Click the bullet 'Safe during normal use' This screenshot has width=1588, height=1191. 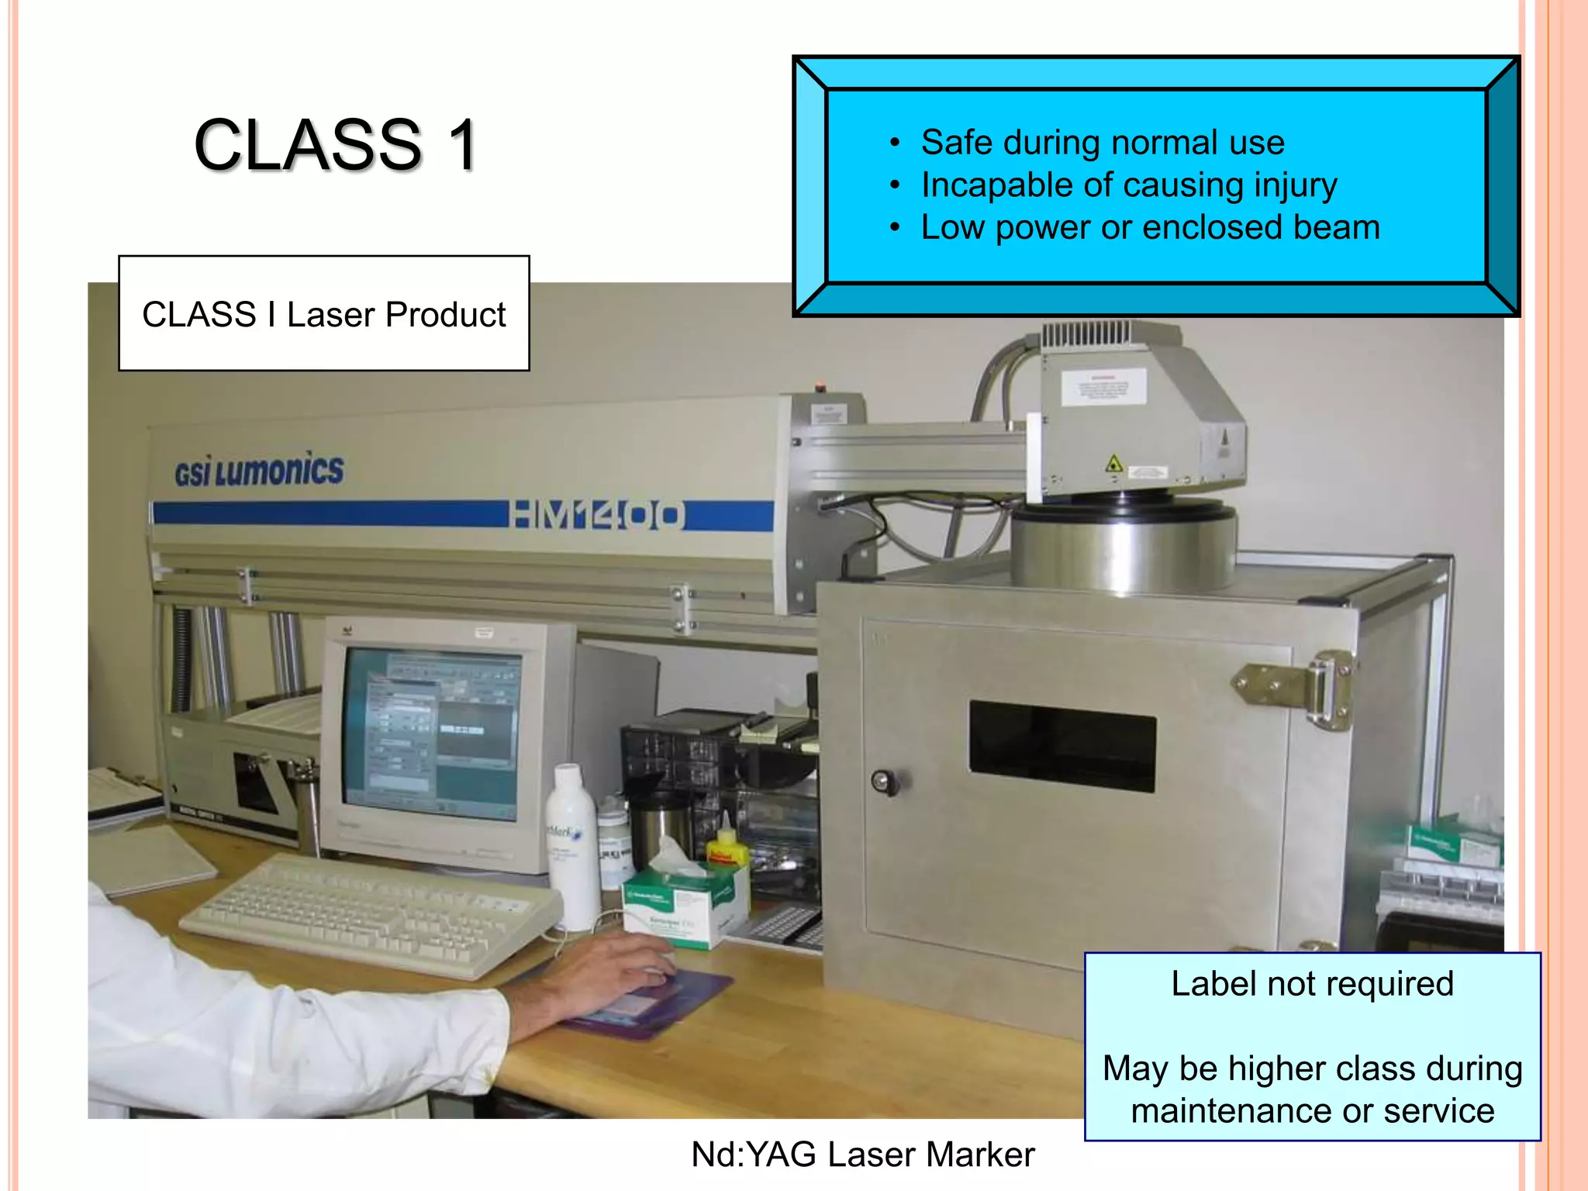point(1102,143)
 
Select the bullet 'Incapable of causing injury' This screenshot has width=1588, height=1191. point(1128,185)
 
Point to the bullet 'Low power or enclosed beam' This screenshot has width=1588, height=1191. point(1150,228)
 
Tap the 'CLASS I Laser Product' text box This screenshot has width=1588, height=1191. point(323,314)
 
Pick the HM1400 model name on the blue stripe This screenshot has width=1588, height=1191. point(597,515)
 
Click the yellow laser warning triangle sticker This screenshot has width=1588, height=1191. point(1114,464)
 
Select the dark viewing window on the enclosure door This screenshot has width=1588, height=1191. point(1062,746)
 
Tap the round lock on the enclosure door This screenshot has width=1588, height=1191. point(882,781)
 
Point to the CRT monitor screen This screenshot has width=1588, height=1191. point(432,734)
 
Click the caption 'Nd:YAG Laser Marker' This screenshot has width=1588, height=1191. point(862,1155)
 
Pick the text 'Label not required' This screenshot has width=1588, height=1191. point(1311,984)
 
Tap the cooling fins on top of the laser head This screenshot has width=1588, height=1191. point(1086,335)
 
